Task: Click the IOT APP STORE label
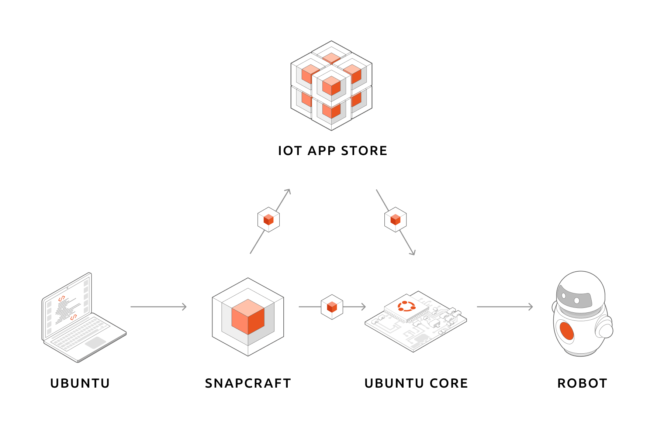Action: (x=332, y=151)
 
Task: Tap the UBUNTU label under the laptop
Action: (x=80, y=383)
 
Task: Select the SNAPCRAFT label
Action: (x=248, y=383)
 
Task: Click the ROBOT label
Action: (x=582, y=383)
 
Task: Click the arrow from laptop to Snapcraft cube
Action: (x=159, y=307)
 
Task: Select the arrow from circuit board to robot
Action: (x=505, y=307)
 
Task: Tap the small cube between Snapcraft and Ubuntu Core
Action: (x=332, y=307)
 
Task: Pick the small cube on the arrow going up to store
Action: (x=269, y=220)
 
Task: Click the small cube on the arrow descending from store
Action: (x=395, y=220)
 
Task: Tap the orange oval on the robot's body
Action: (x=567, y=330)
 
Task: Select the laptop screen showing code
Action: (x=66, y=306)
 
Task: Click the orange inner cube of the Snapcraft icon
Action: (x=248, y=317)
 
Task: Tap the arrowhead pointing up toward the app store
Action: (x=288, y=191)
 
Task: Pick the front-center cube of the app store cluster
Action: (x=331, y=86)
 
